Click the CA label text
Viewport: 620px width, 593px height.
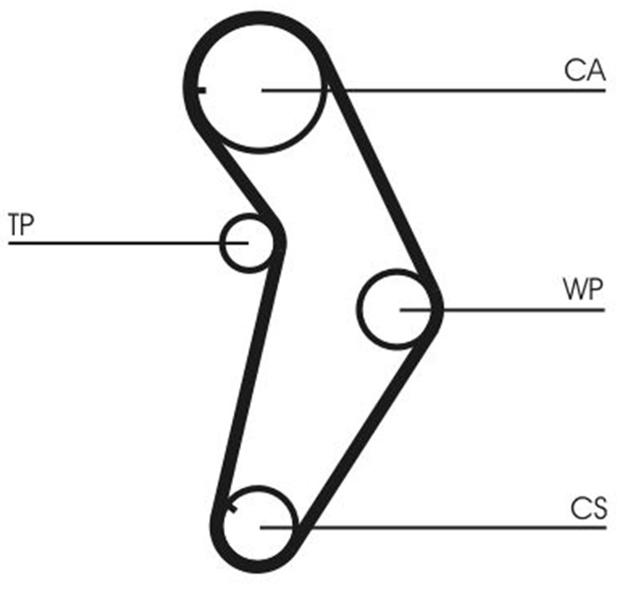click(x=585, y=71)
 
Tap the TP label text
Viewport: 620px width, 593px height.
click(x=21, y=223)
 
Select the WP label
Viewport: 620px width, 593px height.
click(x=582, y=289)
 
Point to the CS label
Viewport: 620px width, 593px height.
click(x=588, y=508)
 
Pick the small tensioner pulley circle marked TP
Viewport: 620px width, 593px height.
click(x=247, y=242)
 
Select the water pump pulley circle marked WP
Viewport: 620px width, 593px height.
click(x=399, y=309)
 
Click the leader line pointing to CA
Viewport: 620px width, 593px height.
click(x=461, y=90)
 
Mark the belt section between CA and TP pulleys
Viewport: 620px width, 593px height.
click(x=239, y=177)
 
